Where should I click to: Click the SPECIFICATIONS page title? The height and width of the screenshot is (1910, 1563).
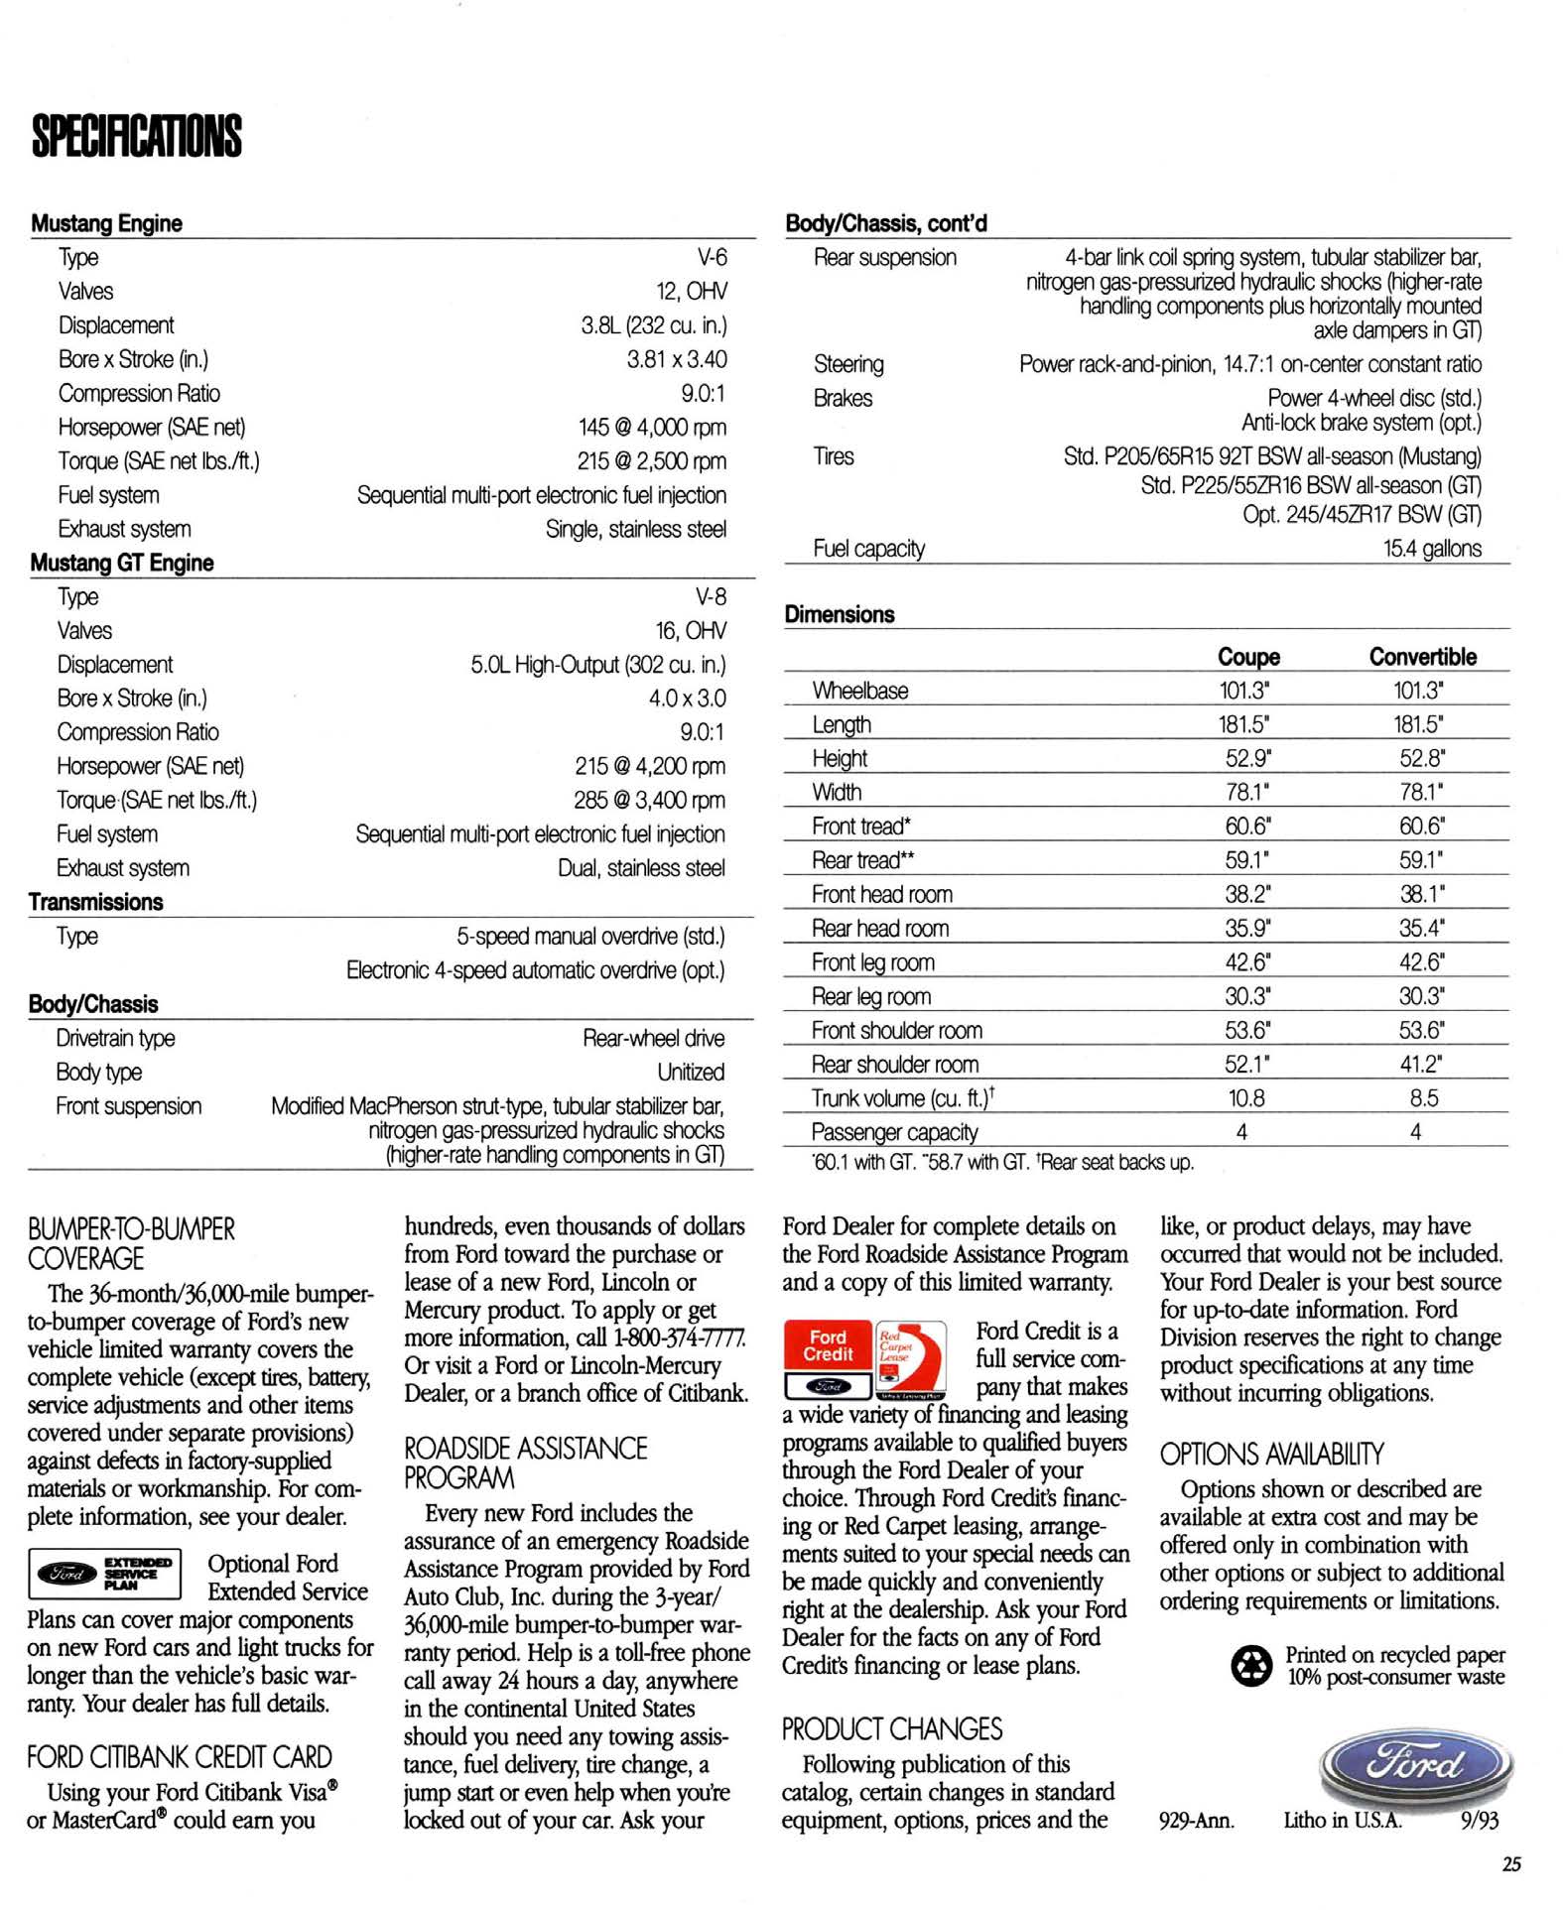point(137,136)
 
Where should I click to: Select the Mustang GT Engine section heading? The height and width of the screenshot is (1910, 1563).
point(122,563)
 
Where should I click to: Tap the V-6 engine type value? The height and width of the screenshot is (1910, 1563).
point(712,257)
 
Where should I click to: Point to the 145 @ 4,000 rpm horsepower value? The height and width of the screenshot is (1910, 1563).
point(652,427)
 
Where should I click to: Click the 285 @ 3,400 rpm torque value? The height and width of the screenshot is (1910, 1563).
point(649,800)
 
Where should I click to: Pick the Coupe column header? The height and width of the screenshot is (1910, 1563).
point(1248,657)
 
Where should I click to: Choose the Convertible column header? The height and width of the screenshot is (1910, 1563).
point(1422,657)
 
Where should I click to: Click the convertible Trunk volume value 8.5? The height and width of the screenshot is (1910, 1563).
point(1423,1098)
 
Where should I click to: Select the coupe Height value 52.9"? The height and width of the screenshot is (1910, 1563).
point(1247,758)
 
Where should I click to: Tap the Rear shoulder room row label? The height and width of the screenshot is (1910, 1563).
point(894,1065)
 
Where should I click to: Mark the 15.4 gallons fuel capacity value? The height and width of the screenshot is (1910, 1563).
point(1432,549)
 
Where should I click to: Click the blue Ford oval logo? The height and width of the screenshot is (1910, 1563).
point(1415,1764)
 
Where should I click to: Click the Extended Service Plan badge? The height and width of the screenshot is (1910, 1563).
point(105,1573)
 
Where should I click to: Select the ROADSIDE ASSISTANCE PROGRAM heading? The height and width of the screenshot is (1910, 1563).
point(525,1463)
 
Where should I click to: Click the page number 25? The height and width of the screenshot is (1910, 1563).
point(1511,1863)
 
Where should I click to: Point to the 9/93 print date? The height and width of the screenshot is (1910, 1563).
point(1479,1821)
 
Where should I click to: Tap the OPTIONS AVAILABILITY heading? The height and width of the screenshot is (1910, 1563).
point(1271,1455)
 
